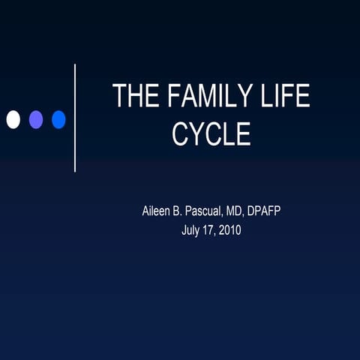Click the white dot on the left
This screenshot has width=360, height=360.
13,119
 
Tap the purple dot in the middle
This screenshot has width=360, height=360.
35,119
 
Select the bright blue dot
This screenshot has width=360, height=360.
58,119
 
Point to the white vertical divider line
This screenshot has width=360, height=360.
75,118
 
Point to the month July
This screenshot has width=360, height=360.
192,229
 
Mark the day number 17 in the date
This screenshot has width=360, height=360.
214,229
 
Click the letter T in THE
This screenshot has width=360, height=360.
119,97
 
